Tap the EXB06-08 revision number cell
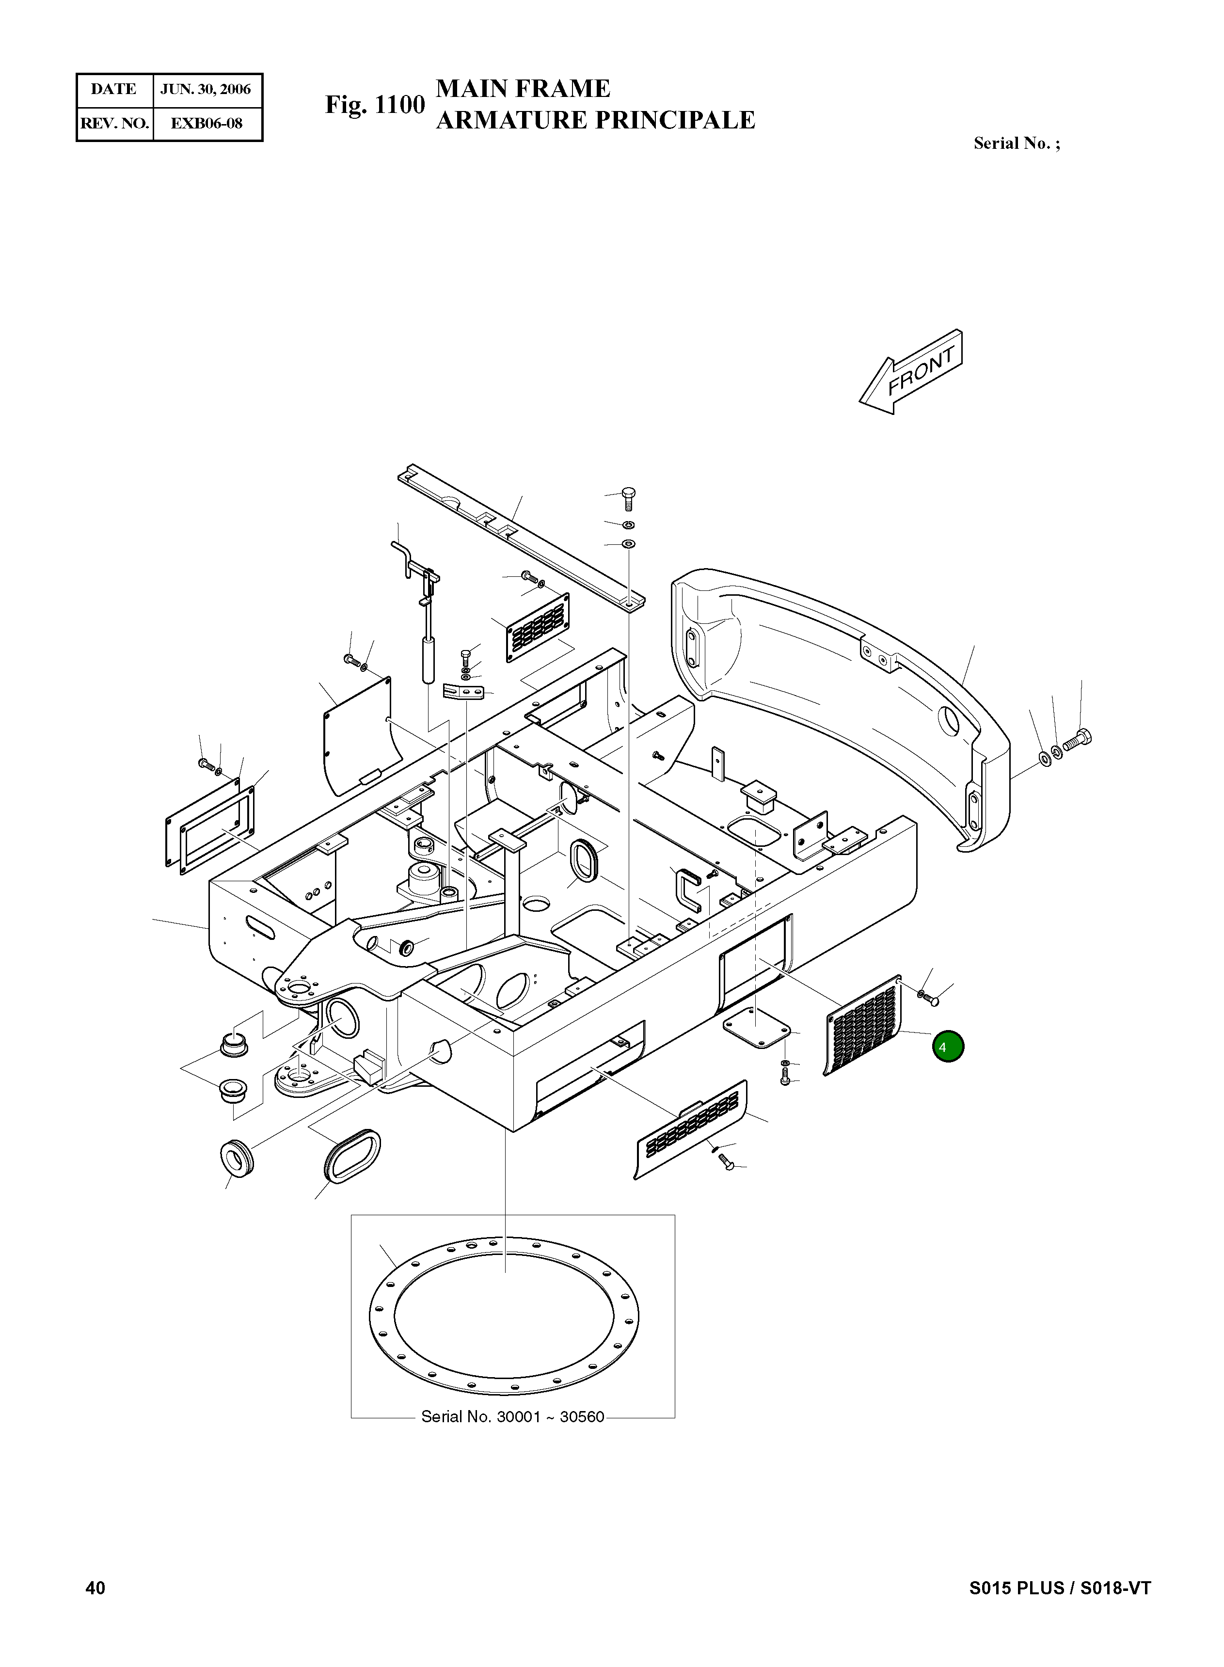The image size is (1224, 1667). [206, 123]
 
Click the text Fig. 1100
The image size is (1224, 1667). [375, 105]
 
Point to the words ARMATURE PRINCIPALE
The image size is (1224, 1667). [595, 120]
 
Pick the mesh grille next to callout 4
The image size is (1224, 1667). [863, 1025]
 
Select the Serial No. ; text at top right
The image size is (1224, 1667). [1017, 144]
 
